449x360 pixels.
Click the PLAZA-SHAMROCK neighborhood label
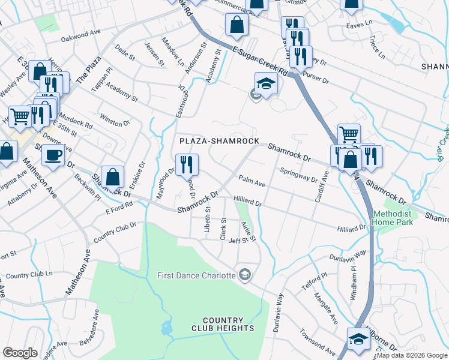pos(220,141)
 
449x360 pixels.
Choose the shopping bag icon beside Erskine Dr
pos(112,177)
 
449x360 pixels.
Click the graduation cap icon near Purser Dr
pos(266,83)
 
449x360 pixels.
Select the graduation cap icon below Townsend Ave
pos(358,339)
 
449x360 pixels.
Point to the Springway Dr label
pos(298,175)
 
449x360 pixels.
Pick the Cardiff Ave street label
pos(322,185)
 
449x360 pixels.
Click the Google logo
pos(20,353)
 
